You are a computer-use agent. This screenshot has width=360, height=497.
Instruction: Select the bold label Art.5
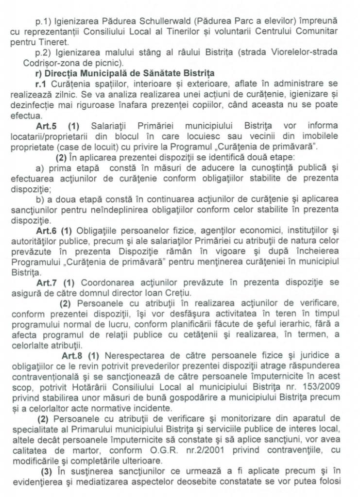pyautogui.click(x=47, y=126)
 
